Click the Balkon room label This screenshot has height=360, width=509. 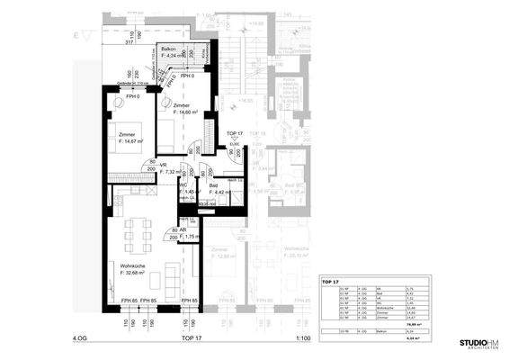(171, 47)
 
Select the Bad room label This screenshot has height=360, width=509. (215, 184)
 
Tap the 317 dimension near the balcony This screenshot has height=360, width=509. (129, 41)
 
